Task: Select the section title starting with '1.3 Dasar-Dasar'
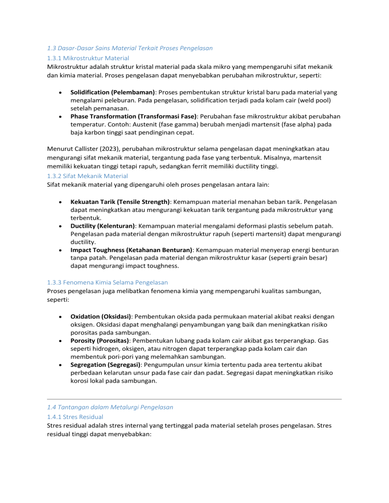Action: coord(129,48)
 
